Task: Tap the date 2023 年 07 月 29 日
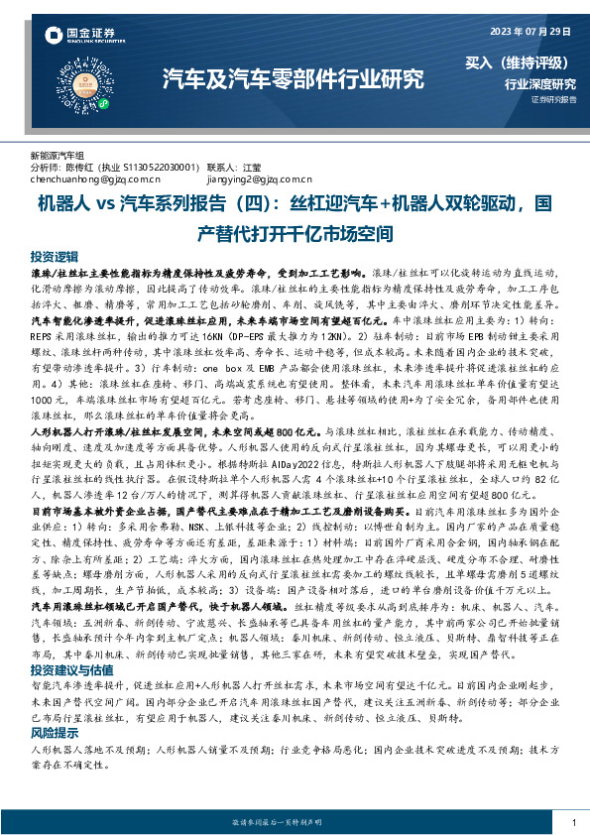click(525, 30)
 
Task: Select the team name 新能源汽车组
click(58, 156)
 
